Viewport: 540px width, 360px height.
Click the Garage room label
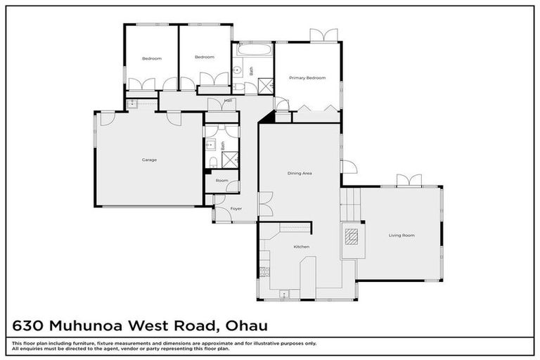click(149, 160)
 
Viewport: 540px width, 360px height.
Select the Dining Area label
click(300, 173)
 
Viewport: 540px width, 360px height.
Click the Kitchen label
click(301, 247)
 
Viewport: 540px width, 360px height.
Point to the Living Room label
click(401, 235)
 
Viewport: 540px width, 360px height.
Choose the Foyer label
click(236, 209)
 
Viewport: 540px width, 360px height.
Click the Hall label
click(229, 101)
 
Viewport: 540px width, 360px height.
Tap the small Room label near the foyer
click(221, 181)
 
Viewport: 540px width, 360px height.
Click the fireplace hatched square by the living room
click(349, 235)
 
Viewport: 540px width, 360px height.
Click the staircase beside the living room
click(350, 205)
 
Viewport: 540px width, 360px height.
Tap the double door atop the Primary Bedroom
click(323, 35)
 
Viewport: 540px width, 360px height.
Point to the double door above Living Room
click(409, 181)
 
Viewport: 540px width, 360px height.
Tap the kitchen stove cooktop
click(264, 271)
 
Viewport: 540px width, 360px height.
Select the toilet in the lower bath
click(213, 163)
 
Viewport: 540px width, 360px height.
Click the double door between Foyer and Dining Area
click(264, 204)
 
